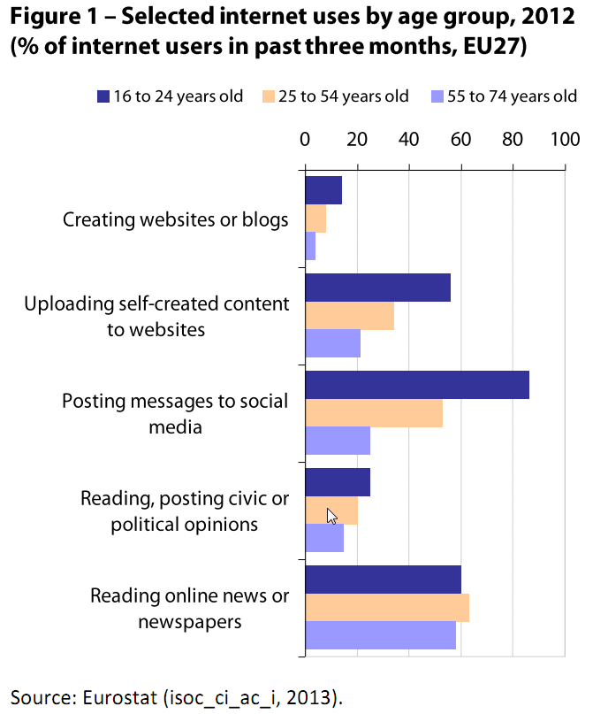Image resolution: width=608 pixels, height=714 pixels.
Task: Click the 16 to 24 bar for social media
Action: tap(416, 386)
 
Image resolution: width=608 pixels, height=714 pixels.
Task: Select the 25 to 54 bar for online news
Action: tap(386, 609)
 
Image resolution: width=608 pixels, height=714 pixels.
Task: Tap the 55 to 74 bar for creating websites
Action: tap(310, 247)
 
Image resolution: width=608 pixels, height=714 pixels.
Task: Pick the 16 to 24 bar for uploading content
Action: tap(377, 288)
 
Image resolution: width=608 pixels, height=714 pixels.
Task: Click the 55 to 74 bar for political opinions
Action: tap(324, 539)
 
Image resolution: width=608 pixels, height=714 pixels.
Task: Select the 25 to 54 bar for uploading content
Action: tap(349, 316)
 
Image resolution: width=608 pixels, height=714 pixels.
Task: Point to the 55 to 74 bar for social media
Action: tap(337, 441)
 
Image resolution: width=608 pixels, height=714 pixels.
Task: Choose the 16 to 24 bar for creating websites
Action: tap(323, 190)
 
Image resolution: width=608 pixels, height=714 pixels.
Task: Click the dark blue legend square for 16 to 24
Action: tap(103, 96)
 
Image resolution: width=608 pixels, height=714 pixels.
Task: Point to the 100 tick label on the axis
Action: tap(564, 139)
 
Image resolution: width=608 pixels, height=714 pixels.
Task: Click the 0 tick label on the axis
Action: tap(305, 139)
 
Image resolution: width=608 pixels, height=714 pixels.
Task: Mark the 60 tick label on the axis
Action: tap(460, 139)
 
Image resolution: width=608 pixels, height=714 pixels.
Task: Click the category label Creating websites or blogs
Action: tap(176, 219)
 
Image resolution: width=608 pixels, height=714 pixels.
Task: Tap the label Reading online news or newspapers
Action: tap(189, 609)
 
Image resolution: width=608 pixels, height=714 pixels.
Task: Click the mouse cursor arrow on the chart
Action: tap(331, 516)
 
